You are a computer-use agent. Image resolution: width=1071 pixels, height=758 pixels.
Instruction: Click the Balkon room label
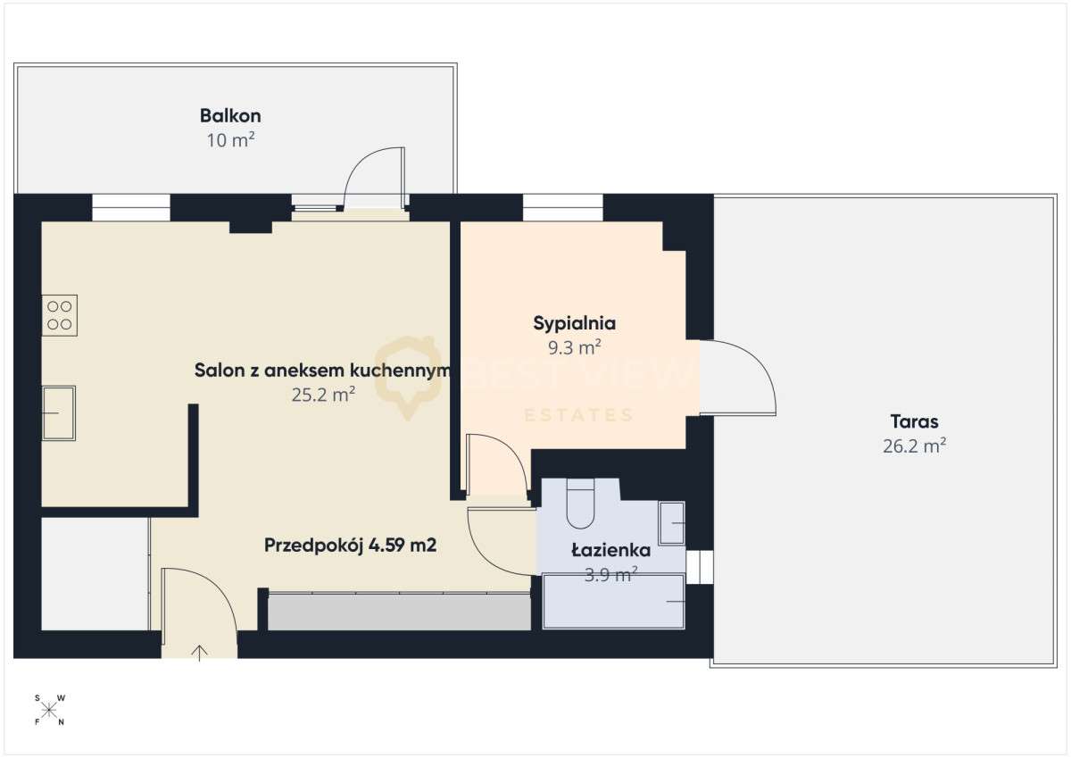230,115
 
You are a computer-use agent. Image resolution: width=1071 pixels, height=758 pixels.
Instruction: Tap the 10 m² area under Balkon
230,139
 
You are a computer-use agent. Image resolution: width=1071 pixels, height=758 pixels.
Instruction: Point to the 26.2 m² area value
914,446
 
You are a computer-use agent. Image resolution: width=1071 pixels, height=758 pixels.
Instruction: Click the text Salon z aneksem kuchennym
319,371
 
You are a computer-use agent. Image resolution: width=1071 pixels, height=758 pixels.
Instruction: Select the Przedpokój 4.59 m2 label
350,546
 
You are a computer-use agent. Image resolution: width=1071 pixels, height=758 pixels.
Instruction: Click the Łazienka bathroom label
610,551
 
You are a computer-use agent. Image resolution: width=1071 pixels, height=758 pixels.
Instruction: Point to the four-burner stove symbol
60,315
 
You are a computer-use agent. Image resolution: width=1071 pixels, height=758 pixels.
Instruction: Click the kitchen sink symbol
59,412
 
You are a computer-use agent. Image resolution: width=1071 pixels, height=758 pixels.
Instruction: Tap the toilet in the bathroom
580,504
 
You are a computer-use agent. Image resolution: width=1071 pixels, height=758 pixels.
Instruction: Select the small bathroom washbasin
671,522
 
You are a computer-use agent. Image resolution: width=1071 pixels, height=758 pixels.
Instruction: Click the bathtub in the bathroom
614,601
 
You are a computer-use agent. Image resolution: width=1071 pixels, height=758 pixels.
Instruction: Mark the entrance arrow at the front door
199,653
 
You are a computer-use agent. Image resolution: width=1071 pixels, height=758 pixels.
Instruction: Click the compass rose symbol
50,710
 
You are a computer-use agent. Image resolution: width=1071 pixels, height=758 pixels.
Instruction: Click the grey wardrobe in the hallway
399,612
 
